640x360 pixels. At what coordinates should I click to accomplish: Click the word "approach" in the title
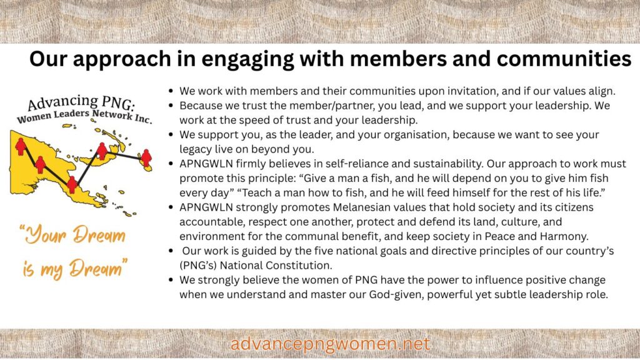(x=122, y=59)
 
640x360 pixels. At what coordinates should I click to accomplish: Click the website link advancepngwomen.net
(x=330, y=344)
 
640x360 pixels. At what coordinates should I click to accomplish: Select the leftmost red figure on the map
(x=21, y=146)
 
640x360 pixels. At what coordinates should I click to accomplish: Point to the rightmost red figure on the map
(x=146, y=157)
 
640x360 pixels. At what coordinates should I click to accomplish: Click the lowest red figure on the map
(x=72, y=185)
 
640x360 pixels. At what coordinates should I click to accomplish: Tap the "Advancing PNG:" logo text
(x=81, y=102)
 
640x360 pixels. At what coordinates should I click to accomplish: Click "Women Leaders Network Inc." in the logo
(x=84, y=116)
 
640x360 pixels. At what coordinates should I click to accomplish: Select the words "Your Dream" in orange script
(x=73, y=235)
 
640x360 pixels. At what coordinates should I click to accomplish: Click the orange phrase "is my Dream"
(x=75, y=268)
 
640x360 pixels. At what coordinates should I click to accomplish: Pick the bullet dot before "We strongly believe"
(x=171, y=281)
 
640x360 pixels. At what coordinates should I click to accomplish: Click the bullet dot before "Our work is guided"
(x=171, y=251)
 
